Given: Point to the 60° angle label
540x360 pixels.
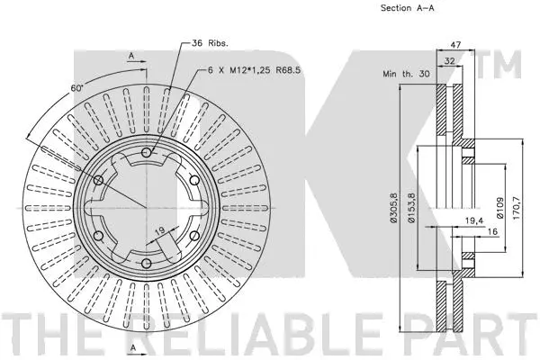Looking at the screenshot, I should [x=78, y=88].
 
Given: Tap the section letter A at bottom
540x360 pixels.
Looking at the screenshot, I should [x=133, y=347].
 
